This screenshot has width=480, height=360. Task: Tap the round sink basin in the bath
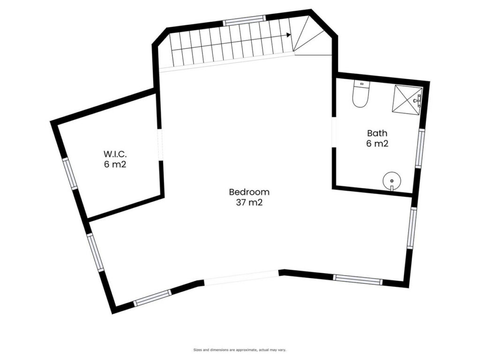tap(391, 180)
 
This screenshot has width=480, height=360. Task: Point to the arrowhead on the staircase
tap(288, 35)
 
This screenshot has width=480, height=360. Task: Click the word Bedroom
tap(249, 192)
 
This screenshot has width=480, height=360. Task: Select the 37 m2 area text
tap(249, 202)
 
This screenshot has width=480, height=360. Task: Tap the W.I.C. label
tap(115, 154)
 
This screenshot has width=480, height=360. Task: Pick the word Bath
tap(377, 133)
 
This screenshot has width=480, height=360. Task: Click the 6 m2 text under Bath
tap(377, 143)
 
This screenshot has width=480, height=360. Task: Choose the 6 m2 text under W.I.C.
tap(115, 165)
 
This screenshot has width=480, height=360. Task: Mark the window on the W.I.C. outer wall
tap(70, 173)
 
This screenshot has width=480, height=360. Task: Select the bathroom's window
tap(421, 148)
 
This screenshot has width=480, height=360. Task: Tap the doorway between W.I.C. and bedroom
tap(160, 144)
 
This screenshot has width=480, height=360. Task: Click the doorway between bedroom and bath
tap(334, 132)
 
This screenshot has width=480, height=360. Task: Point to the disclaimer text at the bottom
tap(240, 350)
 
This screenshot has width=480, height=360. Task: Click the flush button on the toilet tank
tap(361, 83)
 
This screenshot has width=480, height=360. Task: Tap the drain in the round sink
tap(391, 181)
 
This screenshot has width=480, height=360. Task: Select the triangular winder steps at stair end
tap(311, 36)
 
